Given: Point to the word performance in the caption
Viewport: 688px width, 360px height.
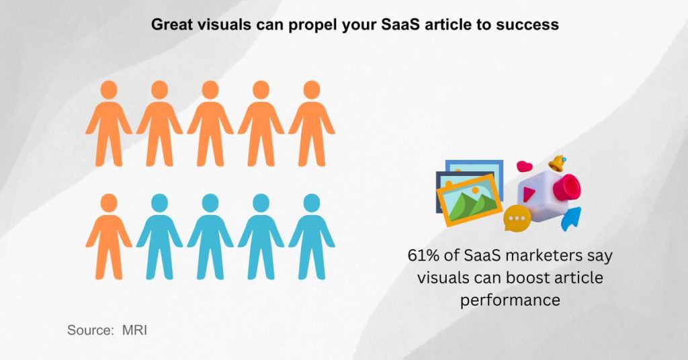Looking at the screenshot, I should point(510,299).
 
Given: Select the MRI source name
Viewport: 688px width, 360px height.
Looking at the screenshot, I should point(134,330).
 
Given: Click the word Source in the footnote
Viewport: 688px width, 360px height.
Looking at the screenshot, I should point(89,330).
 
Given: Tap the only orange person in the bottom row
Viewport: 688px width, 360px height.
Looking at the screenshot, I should point(109,236).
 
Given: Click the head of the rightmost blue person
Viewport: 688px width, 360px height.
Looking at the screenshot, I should point(312,202).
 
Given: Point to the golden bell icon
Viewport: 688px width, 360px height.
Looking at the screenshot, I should point(556,163).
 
